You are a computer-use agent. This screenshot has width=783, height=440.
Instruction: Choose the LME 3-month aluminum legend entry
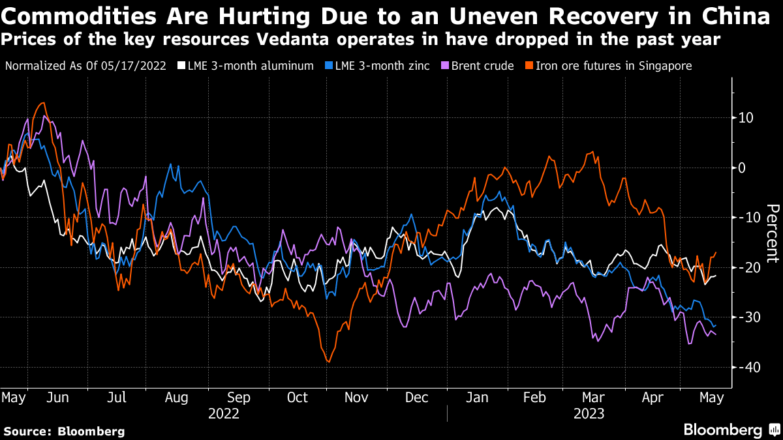[x=251, y=66]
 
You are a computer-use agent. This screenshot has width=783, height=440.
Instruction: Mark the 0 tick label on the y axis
[x=743, y=168]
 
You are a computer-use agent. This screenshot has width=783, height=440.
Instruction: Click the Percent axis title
[x=772, y=233]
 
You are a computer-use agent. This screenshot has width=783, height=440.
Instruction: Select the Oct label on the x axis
[x=298, y=398]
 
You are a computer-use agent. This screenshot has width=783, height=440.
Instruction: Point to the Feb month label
[x=535, y=398]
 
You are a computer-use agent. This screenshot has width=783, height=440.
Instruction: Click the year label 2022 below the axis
[x=223, y=413]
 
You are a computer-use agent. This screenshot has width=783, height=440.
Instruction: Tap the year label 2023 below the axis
[x=589, y=413]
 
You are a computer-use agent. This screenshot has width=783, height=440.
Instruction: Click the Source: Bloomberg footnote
[x=64, y=431]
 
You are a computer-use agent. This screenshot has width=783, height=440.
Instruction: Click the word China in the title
[x=735, y=16]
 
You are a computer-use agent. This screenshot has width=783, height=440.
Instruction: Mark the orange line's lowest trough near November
[x=328, y=362]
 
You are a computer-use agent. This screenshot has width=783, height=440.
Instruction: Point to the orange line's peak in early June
[x=43, y=103]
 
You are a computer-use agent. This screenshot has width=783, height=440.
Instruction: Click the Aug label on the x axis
[x=177, y=398]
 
